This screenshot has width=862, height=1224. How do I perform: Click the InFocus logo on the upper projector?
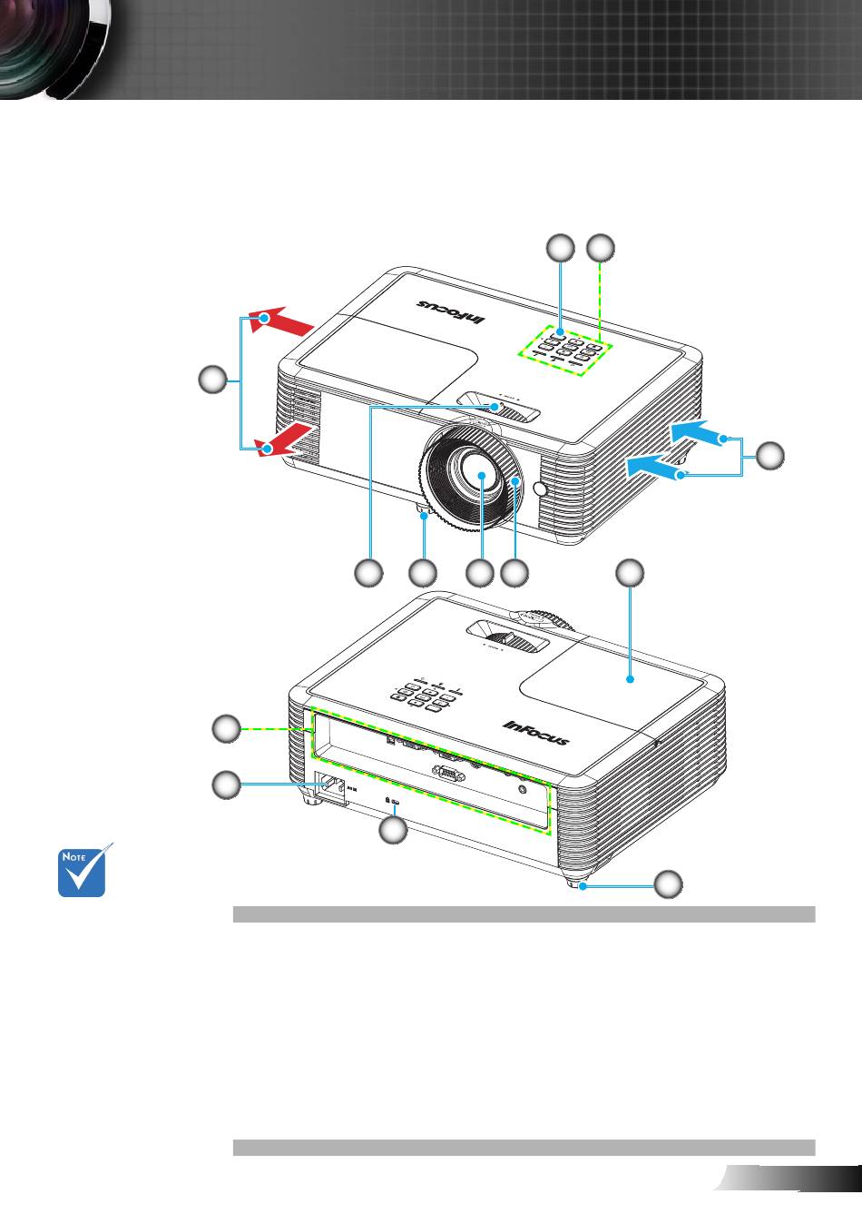pyautogui.click(x=452, y=311)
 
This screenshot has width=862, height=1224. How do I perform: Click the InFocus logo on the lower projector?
pyautogui.click(x=536, y=732)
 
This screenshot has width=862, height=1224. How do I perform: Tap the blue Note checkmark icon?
pyautogui.click(x=83, y=871)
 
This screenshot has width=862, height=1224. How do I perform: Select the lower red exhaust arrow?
pyautogui.click(x=289, y=441)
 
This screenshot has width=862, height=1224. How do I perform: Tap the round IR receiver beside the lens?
pyautogui.click(x=543, y=489)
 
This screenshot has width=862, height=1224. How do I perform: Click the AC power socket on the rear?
pyautogui.click(x=330, y=790)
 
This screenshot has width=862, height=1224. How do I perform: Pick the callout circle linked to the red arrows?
pyautogui.click(x=213, y=380)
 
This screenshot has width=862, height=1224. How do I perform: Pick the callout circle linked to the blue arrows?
pyautogui.click(x=770, y=456)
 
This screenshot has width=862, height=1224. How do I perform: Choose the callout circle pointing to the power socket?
pyautogui.click(x=227, y=785)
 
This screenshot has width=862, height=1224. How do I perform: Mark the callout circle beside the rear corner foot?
pyautogui.click(x=669, y=883)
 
